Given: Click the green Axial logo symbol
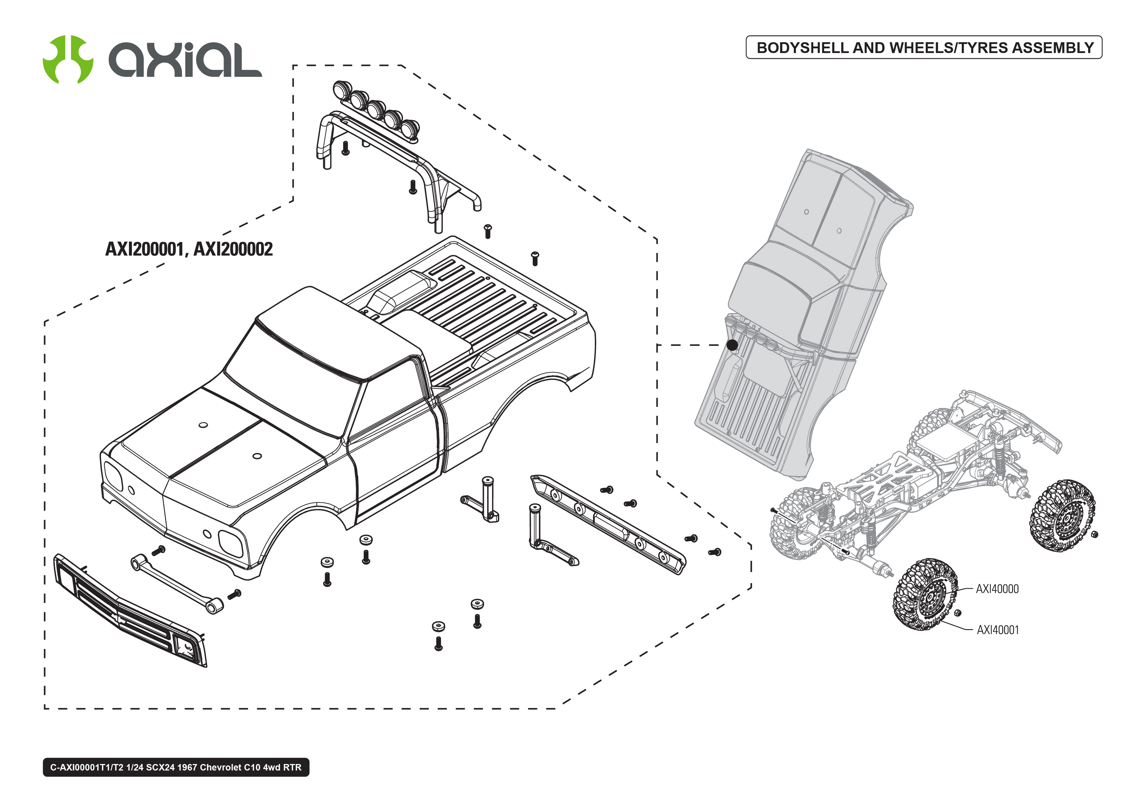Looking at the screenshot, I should coord(68,60).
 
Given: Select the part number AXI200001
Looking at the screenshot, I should coord(144,249).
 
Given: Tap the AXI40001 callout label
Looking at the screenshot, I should coord(998,630).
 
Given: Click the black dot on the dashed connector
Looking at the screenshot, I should coord(732,345).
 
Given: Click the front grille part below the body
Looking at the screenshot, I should coord(130,610).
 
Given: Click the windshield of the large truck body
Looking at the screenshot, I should coord(290,380).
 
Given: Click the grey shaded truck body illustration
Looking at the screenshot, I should coord(801,310).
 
